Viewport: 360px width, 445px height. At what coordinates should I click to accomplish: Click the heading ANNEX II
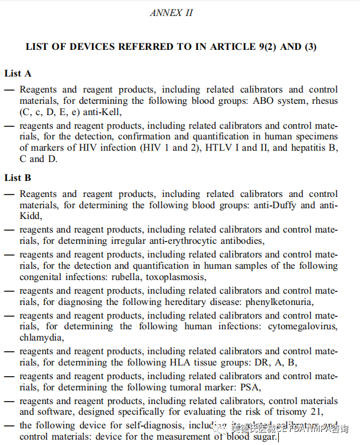click(171, 12)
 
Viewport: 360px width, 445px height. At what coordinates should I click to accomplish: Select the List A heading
click(18, 74)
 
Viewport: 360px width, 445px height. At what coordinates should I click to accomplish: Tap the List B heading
click(18, 177)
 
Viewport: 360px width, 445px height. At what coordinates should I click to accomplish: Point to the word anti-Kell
click(104, 111)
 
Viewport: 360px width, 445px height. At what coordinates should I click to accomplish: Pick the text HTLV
click(221, 148)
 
